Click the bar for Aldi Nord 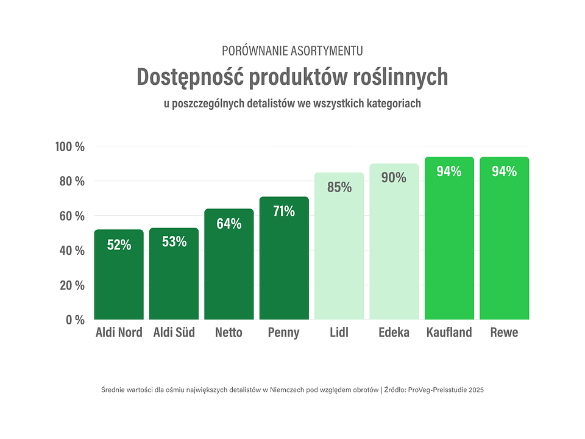(x=119, y=274)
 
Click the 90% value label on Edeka (x=394, y=177)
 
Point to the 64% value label (x=229, y=224)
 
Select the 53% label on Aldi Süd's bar (x=174, y=241)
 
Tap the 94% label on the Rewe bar (x=504, y=171)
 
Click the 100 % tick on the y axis (x=69, y=147)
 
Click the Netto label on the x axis (x=229, y=333)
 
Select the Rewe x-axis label (x=504, y=333)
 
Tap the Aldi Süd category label (x=174, y=333)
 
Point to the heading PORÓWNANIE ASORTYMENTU (x=292, y=51)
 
